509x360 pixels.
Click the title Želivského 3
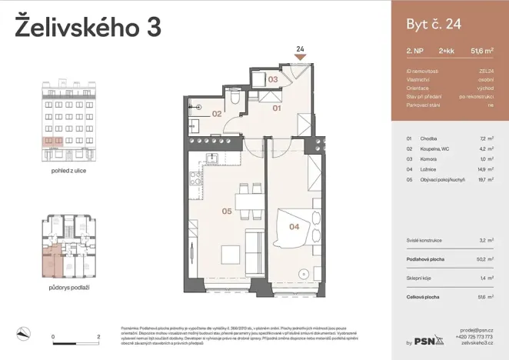(x=88, y=27)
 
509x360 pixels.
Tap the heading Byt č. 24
(x=434, y=24)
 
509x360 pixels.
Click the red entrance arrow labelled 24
(x=300, y=55)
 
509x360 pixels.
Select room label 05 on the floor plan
(x=227, y=209)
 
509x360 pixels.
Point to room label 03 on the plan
(x=272, y=79)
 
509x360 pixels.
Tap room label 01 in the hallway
(x=276, y=108)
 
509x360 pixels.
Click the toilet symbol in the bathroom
(x=236, y=99)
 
